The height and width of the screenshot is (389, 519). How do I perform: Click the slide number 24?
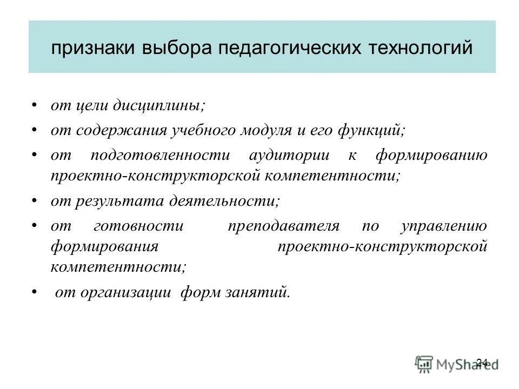483,362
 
